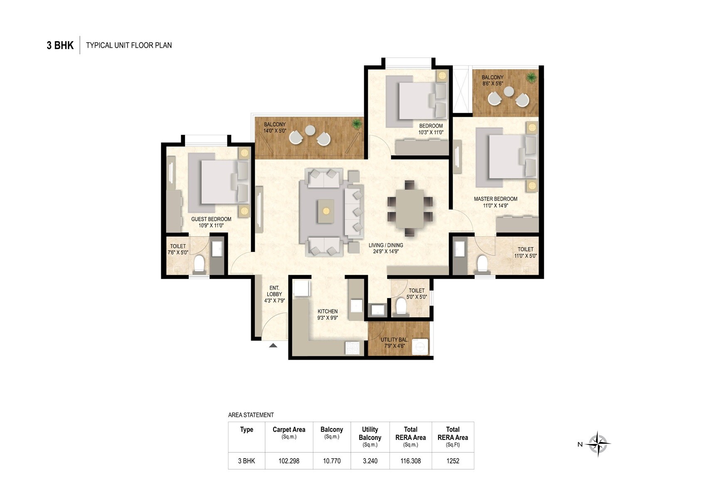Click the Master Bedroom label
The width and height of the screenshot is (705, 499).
click(x=495, y=199)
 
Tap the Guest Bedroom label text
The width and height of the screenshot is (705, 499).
click(x=211, y=219)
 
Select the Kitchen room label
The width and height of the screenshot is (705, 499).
click(x=328, y=311)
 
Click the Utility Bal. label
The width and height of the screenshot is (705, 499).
click(x=394, y=340)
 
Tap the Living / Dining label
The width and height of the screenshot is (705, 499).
click(x=386, y=245)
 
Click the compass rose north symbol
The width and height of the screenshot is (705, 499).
click(x=598, y=444)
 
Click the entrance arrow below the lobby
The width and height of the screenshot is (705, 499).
click(x=273, y=345)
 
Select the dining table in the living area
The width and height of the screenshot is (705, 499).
click(x=409, y=208)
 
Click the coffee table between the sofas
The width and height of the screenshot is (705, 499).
click(x=326, y=211)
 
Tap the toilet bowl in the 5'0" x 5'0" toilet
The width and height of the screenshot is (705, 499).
click(x=401, y=306)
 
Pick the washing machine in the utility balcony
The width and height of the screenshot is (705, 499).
click(x=420, y=347)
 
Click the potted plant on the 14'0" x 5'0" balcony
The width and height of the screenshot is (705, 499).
click(x=356, y=124)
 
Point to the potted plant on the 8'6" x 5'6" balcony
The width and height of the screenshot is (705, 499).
click(x=530, y=77)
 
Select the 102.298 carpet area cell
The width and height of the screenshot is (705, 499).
click(x=289, y=461)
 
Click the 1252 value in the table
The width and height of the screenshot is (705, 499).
click(x=453, y=461)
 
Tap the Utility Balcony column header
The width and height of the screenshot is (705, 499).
click(x=370, y=433)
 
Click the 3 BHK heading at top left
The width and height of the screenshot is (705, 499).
click(x=60, y=45)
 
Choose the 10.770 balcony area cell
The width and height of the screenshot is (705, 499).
click(x=332, y=461)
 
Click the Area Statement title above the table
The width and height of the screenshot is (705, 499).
click(x=251, y=415)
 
